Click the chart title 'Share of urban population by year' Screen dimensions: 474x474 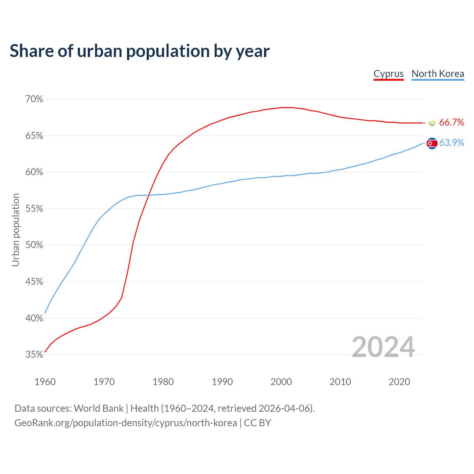pyautogui.click(x=140, y=51)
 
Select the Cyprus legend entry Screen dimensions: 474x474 pyautogui.click(x=388, y=74)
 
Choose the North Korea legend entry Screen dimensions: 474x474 pyautogui.click(x=438, y=74)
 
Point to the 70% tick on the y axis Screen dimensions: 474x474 pyautogui.click(x=34, y=99)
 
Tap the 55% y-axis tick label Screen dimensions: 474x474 pyautogui.click(x=34, y=209)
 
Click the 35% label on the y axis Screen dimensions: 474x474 pyautogui.click(x=34, y=355)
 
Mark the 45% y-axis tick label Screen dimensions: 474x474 pyautogui.click(x=34, y=282)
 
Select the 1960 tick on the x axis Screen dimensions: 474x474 pyautogui.click(x=45, y=382)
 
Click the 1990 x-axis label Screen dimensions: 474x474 pyautogui.click(x=222, y=382)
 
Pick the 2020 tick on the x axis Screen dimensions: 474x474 pyautogui.click(x=399, y=382)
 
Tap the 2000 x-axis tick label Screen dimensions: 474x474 pyautogui.click(x=281, y=382)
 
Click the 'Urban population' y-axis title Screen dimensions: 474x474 pyautogui.click(x=16, y=230)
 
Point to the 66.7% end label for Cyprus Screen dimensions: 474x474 pyautogui.click(x=451, y=123)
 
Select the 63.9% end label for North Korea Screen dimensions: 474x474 pyautogui.click(x=451, y=143)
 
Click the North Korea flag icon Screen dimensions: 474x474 pyautogui.click(x=432, y=143)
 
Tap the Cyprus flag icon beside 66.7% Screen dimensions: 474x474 pyautogui.click(x=432, y=123)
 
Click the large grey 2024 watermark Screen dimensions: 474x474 pyautogui.click(x=383, y=347)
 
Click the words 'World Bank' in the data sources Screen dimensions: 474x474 pyautogui.click(x=99, y=408)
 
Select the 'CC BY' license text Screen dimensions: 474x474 pyautogui.click(x=257, y=423)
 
